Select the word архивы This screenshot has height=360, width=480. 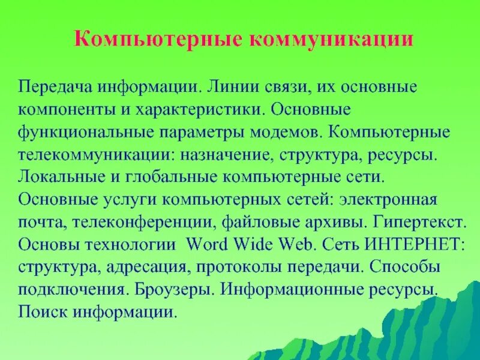pos(335,223)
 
